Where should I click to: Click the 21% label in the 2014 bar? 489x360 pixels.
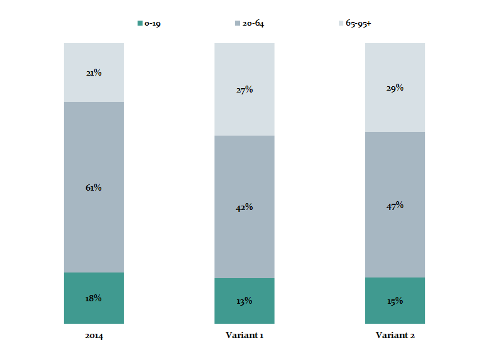[94, 72]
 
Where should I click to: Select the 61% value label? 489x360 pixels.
[94, 187]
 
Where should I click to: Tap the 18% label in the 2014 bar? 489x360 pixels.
[94, 298]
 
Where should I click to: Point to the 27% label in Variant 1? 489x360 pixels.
[245, 89]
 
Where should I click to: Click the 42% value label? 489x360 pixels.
[245, 207]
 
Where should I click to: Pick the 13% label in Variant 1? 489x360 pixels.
[245, 301]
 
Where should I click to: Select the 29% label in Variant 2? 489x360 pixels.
[395, 87]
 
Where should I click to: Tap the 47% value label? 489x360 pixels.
[395, 205]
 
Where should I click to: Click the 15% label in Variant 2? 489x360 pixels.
[395, 301]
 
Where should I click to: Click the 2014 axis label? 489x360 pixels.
[94, 336]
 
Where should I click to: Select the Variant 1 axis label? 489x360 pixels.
[245, 336]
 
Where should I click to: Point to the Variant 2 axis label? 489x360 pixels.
[395, 336]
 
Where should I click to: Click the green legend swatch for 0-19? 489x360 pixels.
[140, 23]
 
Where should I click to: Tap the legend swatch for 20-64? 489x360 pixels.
[238, 23]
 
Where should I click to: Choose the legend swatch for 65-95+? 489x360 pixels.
[341, 23]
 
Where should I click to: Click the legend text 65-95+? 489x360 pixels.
[359, 23]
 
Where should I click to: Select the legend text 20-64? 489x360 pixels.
[255, 23]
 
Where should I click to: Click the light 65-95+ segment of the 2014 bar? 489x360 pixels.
[94, 87]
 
